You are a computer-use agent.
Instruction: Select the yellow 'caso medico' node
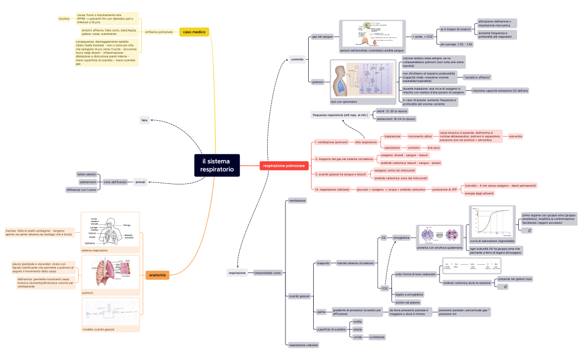coord(195,32)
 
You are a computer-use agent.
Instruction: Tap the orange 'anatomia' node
coord(157,275)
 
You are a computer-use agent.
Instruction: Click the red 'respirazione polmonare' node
coord(284,166)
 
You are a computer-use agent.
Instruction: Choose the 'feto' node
coord(145,120)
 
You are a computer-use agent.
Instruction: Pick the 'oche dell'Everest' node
coord(114,182)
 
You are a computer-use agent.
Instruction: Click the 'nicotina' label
coord(64,19)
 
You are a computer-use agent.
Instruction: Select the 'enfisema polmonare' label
coord(159,32)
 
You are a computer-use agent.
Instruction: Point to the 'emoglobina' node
coord(401,237)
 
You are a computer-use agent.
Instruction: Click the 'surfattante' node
coord(377,337)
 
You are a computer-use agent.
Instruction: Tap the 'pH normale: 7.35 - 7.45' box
coord(456,44)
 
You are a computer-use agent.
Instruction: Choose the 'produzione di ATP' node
coord(445,189)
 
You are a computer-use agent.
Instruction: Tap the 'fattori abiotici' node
coord(87,174)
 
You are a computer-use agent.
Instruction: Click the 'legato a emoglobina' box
coord(409,294)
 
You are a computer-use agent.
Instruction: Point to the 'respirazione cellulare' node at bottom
coord(304,345)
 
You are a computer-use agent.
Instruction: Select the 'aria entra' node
coord(515,136)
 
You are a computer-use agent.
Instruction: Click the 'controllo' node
coord(297,59)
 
